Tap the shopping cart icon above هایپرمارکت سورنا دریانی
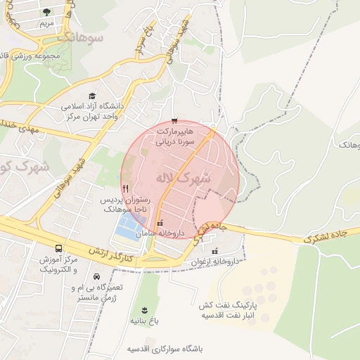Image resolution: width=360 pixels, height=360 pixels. click(x=174, y=121)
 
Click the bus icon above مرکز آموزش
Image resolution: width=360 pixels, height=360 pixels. click(x=58, y=249)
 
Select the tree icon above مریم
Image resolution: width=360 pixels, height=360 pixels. click(x=46, y=12)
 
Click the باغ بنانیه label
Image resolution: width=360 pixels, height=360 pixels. click(x=146, y=320)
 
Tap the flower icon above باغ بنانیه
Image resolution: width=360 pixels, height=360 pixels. click(x=145, y=310)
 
